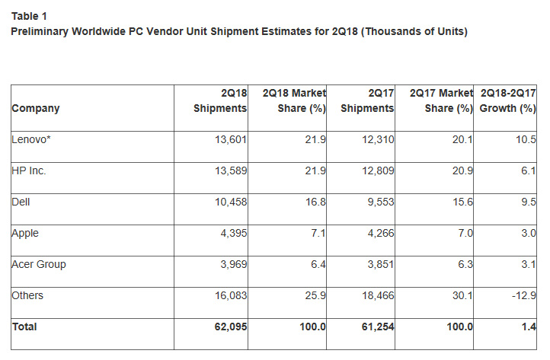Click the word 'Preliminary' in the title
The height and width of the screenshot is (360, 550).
click(x=40, y=31)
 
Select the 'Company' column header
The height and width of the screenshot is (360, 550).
click(x=35, y=108)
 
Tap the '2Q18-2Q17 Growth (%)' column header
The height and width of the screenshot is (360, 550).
click(x=507, y=100)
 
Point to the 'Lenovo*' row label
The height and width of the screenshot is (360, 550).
click(x=30, y=140)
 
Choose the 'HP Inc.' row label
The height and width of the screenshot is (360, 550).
click(x=29, y=171)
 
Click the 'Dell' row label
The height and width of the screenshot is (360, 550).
click(x=21, y=202)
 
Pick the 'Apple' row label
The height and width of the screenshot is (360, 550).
click(x=24, y=234)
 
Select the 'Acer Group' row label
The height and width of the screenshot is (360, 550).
click(x=39, y=265)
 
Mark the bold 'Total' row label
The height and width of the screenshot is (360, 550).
click(x=24, y=327)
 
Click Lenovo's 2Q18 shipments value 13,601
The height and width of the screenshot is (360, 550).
click(x=229, y=140)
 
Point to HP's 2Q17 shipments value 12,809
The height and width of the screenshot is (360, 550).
click(x=376, y=171)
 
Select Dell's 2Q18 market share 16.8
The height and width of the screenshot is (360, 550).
click(x=315, y=202)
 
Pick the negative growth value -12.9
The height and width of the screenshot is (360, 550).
click(x=525, y=295)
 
